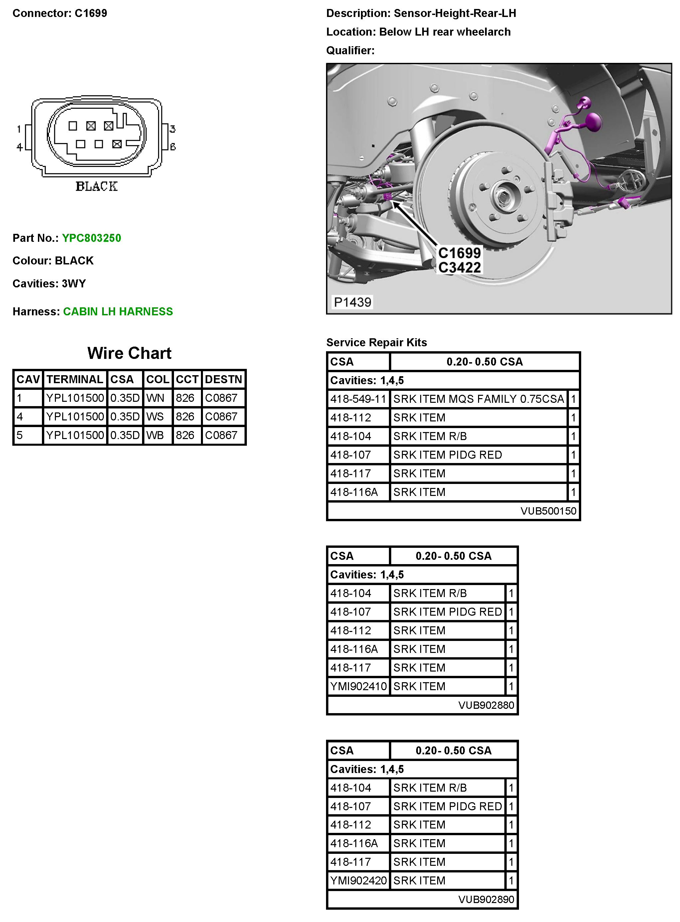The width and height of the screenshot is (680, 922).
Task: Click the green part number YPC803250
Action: point(91,238)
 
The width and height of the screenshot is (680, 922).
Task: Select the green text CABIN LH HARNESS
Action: point(118,311)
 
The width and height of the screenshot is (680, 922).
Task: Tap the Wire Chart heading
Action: point(129,353)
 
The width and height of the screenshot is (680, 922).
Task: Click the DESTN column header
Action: point(224,379)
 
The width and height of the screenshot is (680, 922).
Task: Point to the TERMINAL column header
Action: point(75,379)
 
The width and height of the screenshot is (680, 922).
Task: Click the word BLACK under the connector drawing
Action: point(97,186)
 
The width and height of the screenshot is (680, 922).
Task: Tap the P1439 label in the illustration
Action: point(352,302)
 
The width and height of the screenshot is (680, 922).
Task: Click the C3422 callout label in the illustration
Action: point(459,267)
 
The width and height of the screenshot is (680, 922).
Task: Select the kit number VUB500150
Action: point(548,511)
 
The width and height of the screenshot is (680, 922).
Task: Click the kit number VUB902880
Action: point(486,705)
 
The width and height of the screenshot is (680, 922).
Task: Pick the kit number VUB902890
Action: point(486,899)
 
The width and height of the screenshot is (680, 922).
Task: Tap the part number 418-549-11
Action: point(358,399)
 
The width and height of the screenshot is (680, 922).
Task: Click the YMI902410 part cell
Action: point(358,686)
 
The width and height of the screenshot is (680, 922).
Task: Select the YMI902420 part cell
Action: point(358,880)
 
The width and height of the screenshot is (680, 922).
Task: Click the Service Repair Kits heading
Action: point(376,342)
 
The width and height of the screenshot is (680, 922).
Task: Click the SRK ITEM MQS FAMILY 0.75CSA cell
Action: point(478,399)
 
